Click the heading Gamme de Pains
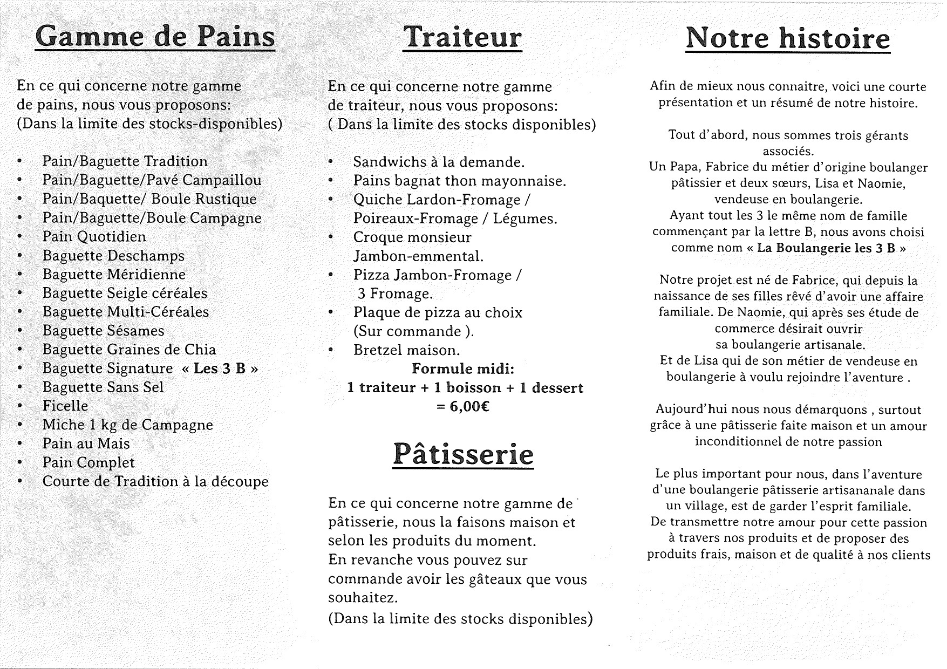click(x=155, y=37)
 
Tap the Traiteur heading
click(x=463, y=37)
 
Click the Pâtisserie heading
click(x=462, y=454)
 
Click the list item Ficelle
click(x=65, y=406)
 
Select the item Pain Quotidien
click(x=94, y=237)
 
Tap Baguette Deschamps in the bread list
click(x=113, y=256)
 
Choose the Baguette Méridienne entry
click(x=114, y=275)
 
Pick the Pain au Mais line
click(x=86, y=443)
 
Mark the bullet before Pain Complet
click(x=20, y=462)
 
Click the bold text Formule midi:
click(x=463, y=369)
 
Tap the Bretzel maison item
click(x=406, y=350)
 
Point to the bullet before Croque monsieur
click(x=331, y=237)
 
